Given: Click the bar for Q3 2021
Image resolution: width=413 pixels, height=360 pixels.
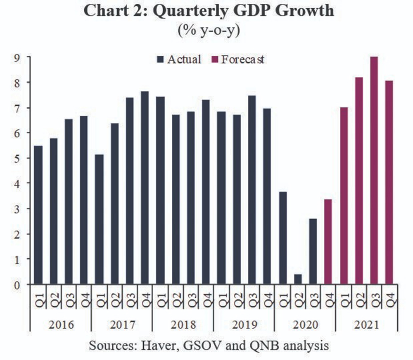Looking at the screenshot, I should tap(374, 171).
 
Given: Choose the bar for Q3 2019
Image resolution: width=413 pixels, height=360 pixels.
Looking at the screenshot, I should tap(252, 190).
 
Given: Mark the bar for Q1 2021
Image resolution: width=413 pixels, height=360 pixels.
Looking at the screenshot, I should tap(344, 196).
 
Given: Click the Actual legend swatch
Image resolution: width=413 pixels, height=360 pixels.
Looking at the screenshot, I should tap(160, 60).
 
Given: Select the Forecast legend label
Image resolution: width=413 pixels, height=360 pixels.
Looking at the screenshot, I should tap(243, 59).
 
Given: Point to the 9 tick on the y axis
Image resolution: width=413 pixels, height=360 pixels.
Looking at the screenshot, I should tap(18, 57).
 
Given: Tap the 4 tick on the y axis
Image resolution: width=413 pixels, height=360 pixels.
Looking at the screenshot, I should tap(18, 183).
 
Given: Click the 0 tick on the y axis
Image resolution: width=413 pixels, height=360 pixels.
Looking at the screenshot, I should tap(18, 284).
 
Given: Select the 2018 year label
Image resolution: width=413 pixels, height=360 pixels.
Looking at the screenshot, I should tap(183, 325).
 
